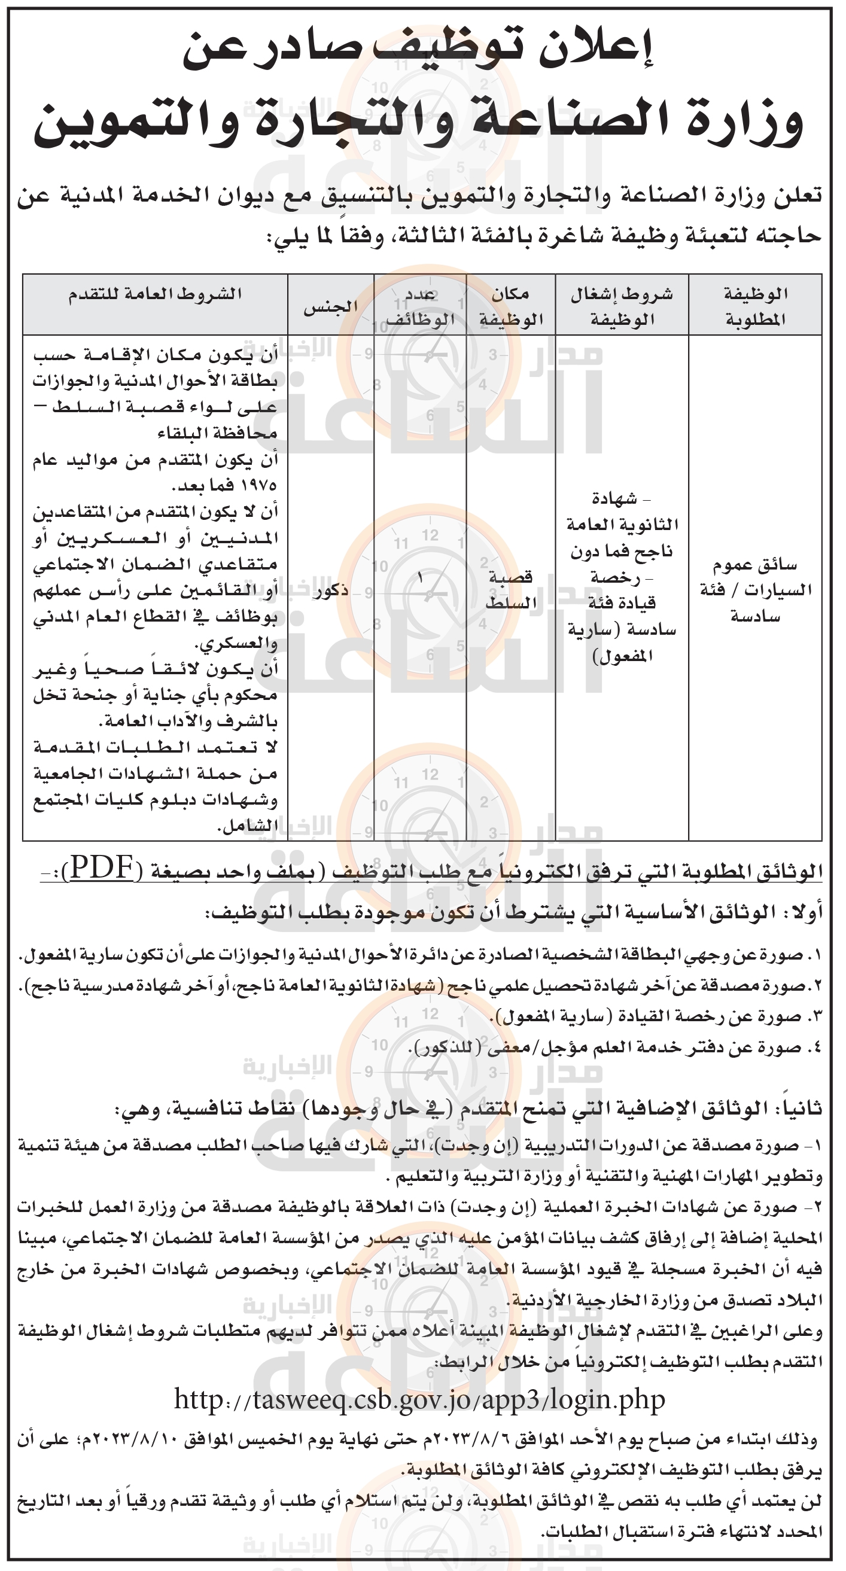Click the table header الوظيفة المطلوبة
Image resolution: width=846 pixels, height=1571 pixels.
(755, 306)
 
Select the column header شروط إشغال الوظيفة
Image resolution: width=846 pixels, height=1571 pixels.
(622, 306)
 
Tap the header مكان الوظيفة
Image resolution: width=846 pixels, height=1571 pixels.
(510, 306)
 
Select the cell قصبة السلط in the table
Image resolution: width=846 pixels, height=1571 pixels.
(510, 590)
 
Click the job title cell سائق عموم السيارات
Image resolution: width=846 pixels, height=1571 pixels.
(755, 590)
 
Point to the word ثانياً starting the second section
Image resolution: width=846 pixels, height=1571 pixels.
(796, 1109)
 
